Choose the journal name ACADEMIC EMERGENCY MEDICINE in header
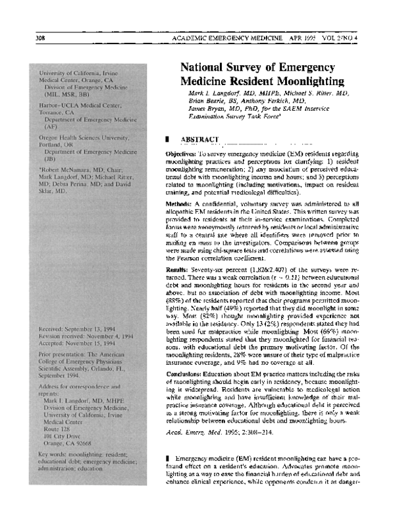pos(226,37)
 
